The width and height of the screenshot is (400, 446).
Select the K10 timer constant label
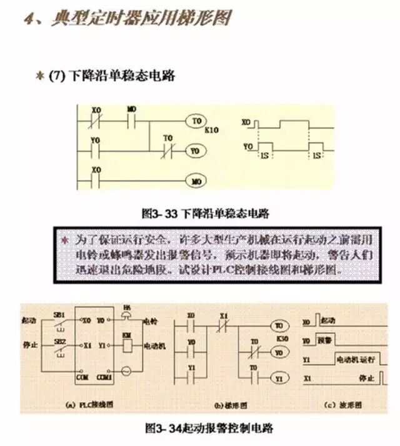[x=212, y=130]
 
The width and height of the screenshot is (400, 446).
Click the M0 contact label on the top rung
[x=131, y=109]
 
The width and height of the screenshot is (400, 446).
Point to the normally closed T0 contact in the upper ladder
[x=167, y=151]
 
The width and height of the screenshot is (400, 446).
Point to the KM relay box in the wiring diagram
[x=126, y=337]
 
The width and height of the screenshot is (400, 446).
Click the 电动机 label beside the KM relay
[x=153, y=345]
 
